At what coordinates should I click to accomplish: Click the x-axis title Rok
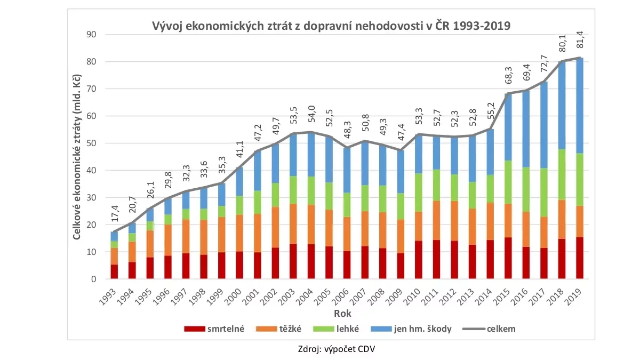pos(343,312)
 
